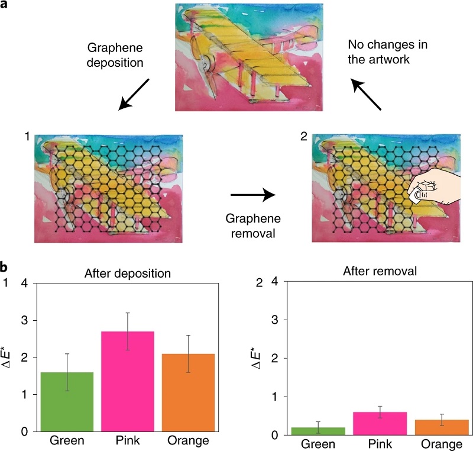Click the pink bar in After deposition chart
click(128, 382)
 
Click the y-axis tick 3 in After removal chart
click(274, 320)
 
